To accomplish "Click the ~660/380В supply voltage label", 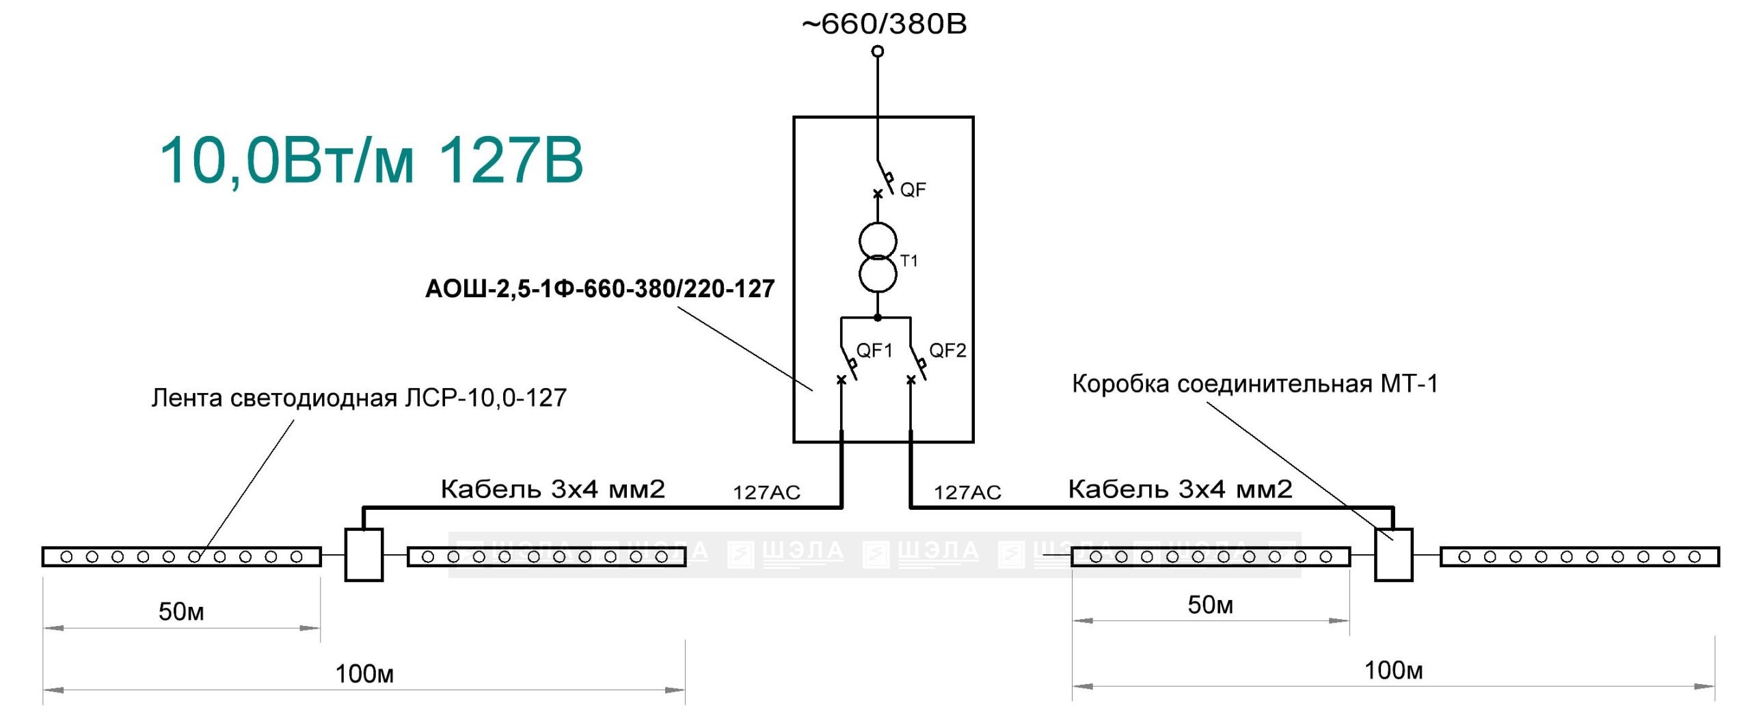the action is pos(884,25).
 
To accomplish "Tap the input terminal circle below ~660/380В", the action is pos(878,51).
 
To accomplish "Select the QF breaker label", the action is pos(913,190).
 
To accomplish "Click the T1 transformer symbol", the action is pos(878,258).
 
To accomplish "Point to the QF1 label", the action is pos(874,351).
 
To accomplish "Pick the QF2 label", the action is pos(947,351).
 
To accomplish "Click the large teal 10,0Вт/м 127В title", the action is pos(371,161).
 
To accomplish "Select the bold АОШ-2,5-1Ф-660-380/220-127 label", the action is pos(600,289).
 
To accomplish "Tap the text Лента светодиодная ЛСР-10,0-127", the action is pos(359,398).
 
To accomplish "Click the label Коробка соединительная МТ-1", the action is pos(1255,384).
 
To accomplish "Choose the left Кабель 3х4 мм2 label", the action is pos(552,489).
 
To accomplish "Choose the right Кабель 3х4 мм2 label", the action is pos(1180,489).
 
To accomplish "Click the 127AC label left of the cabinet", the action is pos(766,493).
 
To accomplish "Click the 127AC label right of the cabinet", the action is pos(967,493).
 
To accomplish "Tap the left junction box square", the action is pos(364,555).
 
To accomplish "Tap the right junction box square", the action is pos(1393,555).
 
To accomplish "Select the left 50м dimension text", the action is pos(181,612).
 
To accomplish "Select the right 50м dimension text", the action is pos(1210,605).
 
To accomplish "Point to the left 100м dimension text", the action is pos(364,674).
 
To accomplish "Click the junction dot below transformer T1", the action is pos(878,318).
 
